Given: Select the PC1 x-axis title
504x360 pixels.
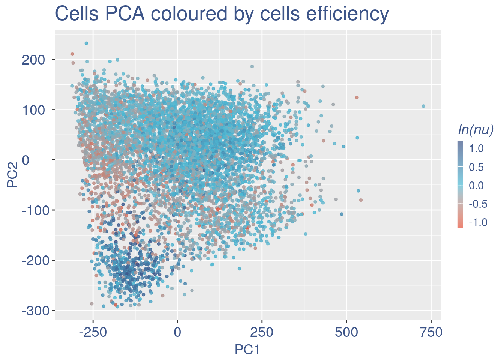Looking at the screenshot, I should pos(247,349).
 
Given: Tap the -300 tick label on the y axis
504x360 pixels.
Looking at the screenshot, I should pos(33,310).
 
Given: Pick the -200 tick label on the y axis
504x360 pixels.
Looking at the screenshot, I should pos(33,260).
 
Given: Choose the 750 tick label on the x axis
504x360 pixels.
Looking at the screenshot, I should pos(431,332).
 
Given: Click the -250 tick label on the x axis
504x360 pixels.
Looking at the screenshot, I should pos(93,332).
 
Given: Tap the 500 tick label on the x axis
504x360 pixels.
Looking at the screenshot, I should pos(346,332).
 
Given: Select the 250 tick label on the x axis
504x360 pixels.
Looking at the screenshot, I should pos(262,332).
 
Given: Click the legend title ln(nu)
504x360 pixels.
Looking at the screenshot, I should pos(475,129).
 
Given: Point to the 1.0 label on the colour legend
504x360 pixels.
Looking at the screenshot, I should pos(476,149).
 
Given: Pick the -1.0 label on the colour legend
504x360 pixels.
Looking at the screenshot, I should pos(475,222).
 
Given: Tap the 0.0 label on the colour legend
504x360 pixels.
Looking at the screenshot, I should pos(476,186).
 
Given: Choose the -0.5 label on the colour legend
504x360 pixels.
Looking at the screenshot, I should pos(475,204).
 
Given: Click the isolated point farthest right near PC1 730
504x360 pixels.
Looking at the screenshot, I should pos(423,106).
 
